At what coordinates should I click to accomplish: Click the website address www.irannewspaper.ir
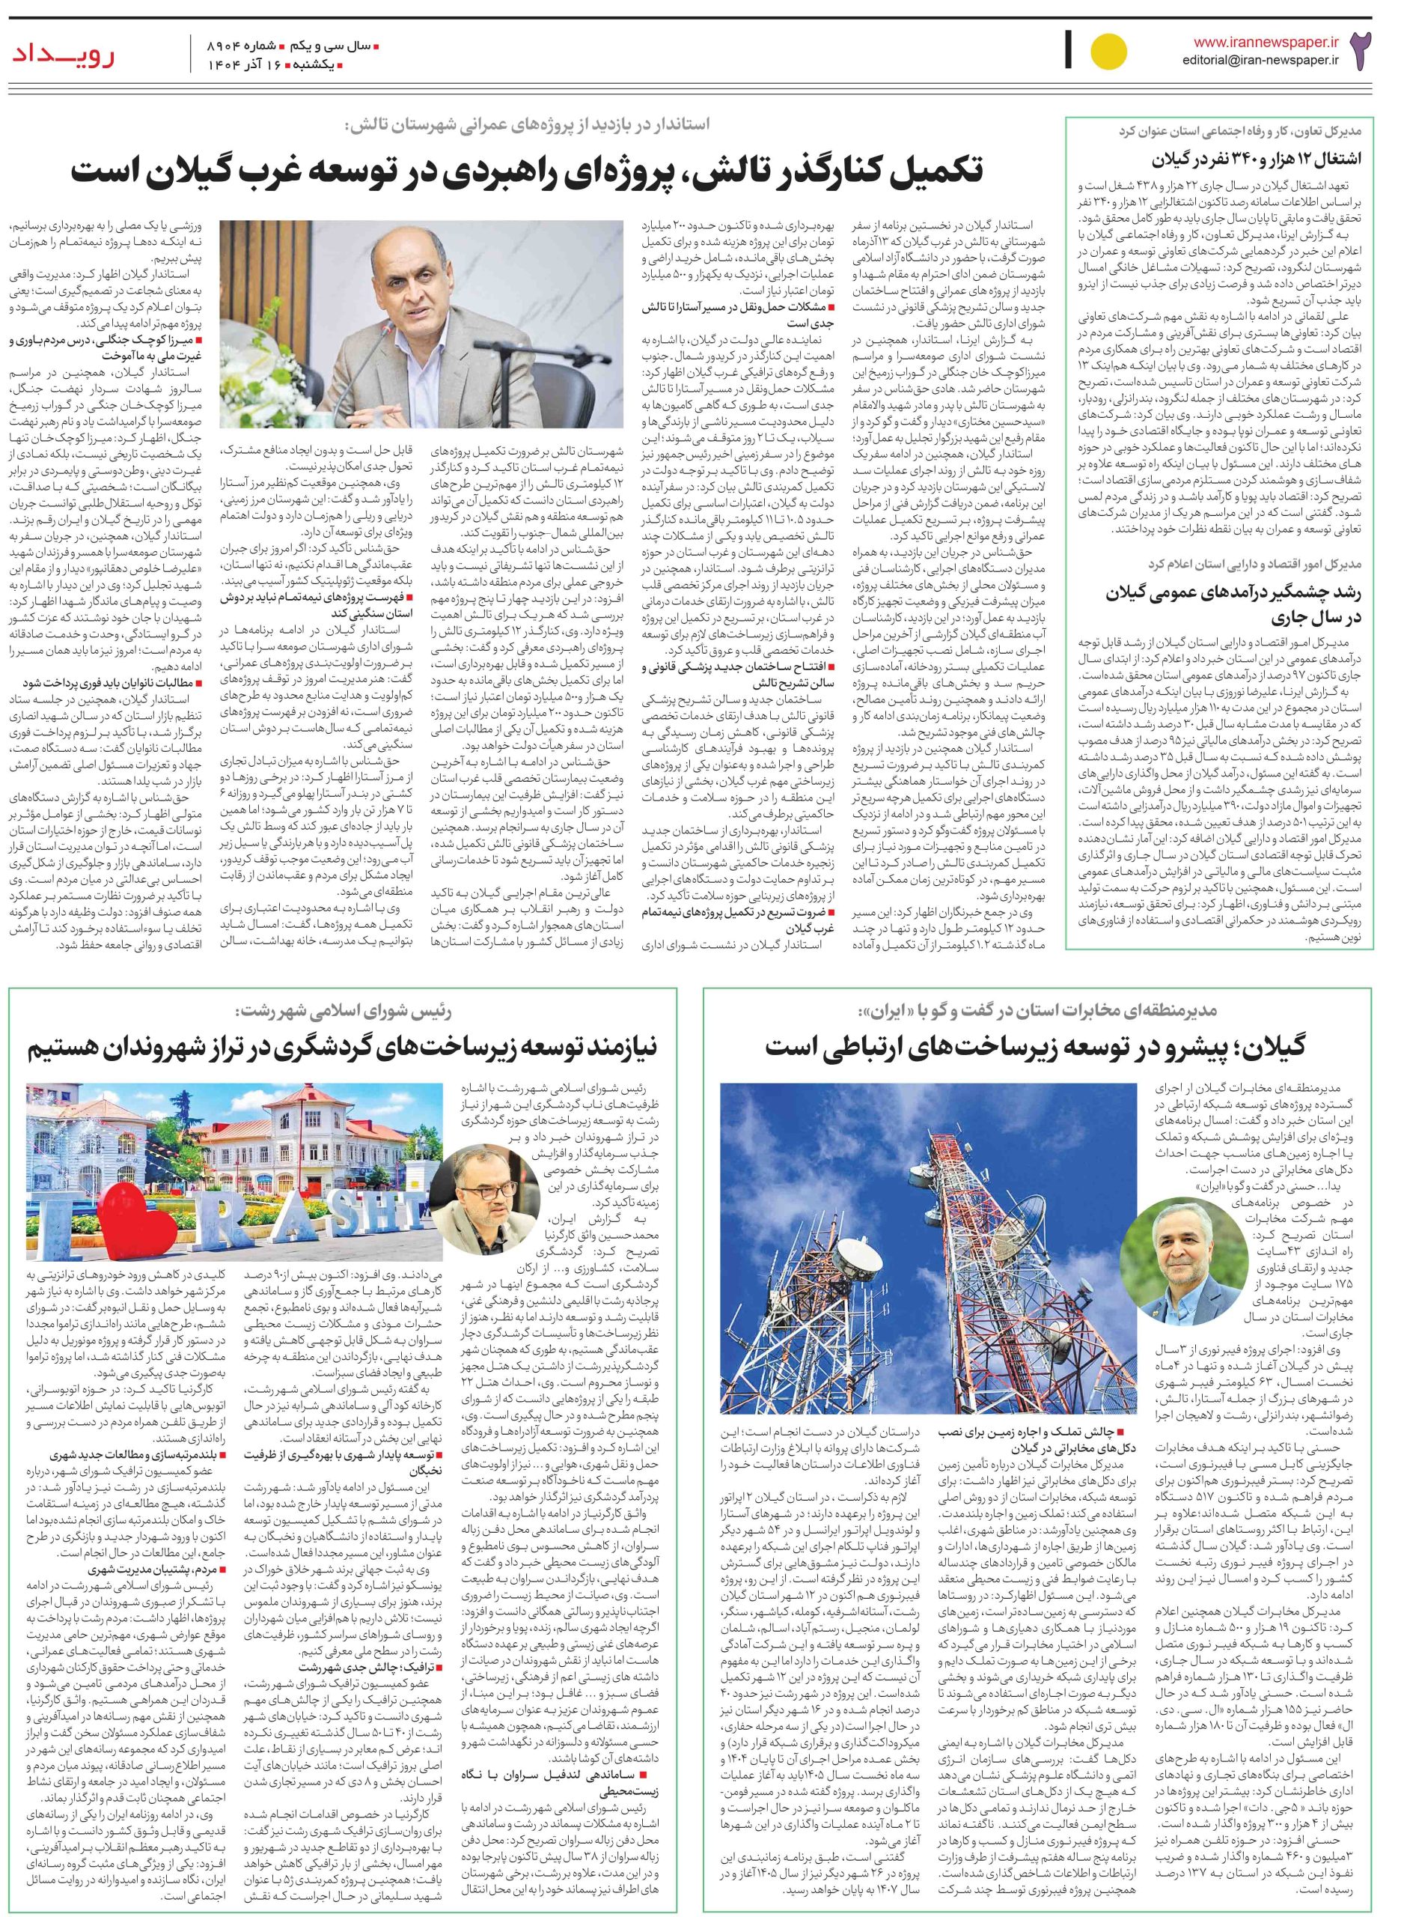click(1266, 41)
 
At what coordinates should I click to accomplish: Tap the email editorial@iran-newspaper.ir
click(1261, 60)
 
